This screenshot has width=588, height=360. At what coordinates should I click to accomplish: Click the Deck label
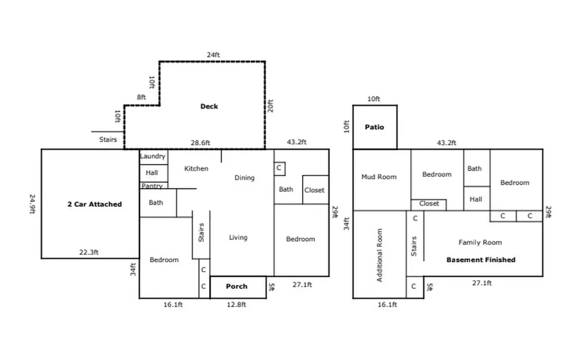209,106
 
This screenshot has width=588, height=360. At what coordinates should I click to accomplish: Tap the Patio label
374,127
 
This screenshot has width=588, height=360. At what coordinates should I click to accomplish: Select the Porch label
237,286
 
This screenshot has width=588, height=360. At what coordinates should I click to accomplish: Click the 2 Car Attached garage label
95,204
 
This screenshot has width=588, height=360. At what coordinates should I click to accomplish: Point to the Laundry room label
153,156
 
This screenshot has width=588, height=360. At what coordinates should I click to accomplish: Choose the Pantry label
152,185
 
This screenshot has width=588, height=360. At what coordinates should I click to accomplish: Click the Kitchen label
196,168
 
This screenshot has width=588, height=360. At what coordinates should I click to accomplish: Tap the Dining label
245,177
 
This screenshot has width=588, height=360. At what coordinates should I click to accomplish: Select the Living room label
238,237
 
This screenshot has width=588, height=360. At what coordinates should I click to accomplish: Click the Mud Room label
379,177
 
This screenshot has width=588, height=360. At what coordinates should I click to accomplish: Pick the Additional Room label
380,255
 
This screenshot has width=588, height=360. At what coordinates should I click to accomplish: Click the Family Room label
480,242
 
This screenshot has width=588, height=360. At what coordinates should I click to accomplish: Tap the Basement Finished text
481,260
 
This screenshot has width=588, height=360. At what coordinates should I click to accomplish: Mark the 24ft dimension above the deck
214,55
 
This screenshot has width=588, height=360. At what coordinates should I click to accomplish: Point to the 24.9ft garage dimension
32,204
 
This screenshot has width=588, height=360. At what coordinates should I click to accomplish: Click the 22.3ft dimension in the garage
89,252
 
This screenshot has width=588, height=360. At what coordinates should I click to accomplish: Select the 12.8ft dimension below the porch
236,304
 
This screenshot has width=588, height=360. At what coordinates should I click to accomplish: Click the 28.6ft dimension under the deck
200,142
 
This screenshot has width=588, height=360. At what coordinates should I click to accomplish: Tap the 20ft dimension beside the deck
270,106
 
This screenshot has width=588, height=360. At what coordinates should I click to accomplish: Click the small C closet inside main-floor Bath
280,168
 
